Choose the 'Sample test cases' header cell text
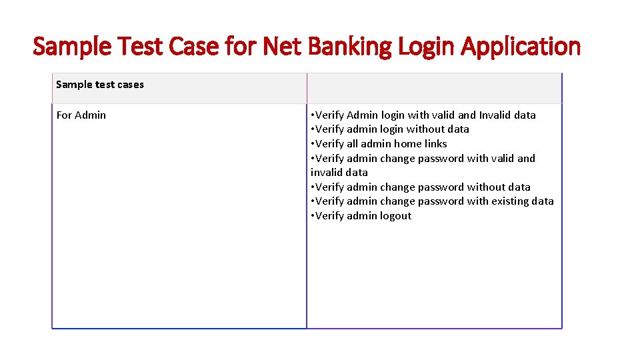[100, 85]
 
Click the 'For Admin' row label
[81, 115]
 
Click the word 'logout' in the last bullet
[395, 216]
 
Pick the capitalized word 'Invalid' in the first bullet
[497, 115]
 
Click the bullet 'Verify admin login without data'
[390, 129]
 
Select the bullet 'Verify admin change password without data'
[421, 187]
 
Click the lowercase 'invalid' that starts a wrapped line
[325, 173]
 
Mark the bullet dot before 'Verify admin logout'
[313, 216]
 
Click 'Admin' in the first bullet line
[362, 115]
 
